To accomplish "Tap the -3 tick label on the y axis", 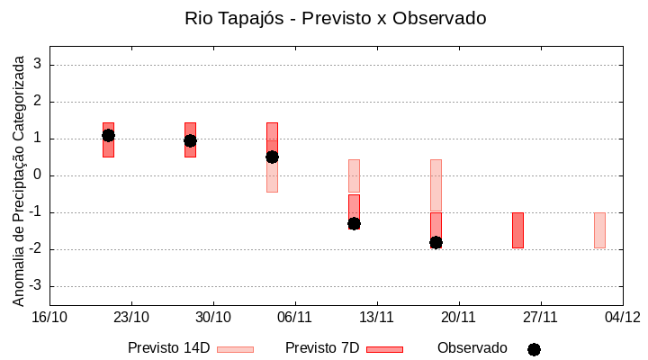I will (36, 286).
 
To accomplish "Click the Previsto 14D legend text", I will (168, 348).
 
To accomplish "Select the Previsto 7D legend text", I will (321, 348).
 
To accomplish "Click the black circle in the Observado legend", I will (534, 349).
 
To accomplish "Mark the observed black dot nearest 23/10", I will (108, 135).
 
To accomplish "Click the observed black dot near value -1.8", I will (436, 242).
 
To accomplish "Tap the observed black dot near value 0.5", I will (272, 157).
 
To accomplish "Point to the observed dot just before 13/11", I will (354, 223).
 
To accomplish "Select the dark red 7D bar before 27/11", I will (517, 229).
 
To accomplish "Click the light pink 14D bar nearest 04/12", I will (599, 229).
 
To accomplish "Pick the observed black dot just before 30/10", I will (190, 140).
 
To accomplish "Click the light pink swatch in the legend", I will (235, 349).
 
